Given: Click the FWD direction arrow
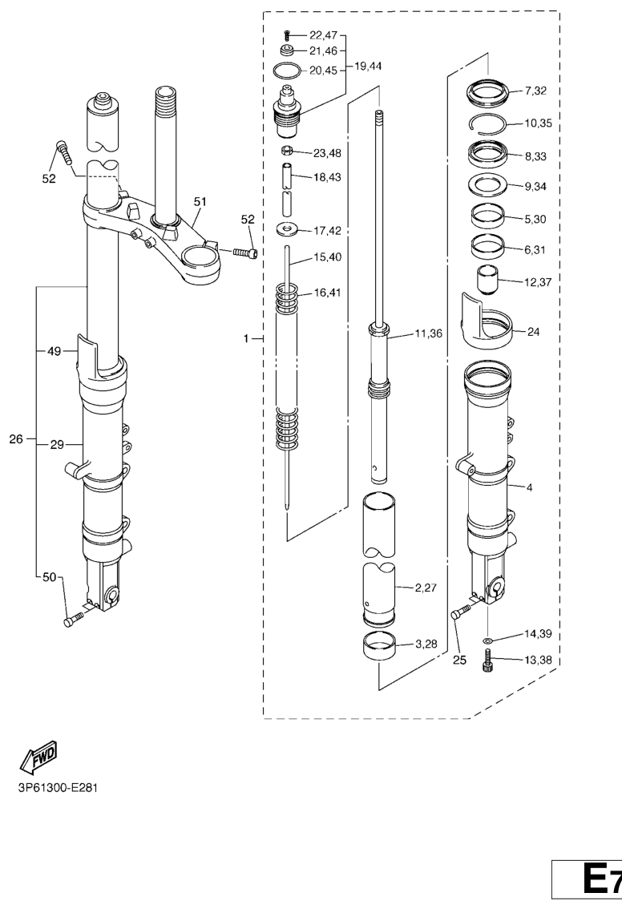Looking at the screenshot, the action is [x=38, y=757].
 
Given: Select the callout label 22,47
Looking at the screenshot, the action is [x=323, y=35].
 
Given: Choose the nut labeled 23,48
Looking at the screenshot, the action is [x=286, y=151].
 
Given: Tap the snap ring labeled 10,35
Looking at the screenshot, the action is [x=487, y=124].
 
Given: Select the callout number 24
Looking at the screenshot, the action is [x=533, y=332].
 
